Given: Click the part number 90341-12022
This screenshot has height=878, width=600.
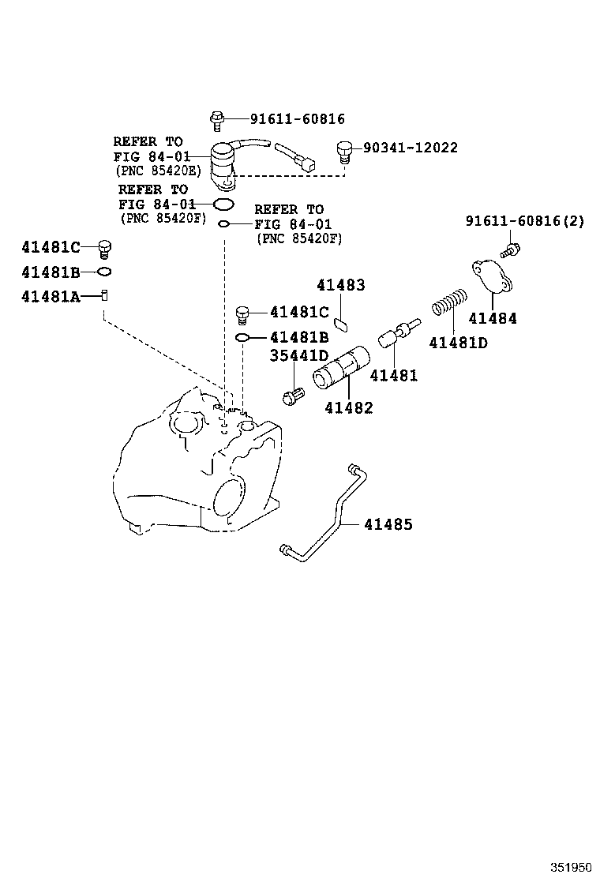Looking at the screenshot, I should [410, 148].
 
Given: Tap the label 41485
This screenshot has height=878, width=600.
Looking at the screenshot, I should [388, 524].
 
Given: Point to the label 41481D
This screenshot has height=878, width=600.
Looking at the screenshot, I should [458, 342].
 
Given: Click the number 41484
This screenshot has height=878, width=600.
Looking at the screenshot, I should [493, 318].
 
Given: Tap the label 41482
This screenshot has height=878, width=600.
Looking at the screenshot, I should [349, 407].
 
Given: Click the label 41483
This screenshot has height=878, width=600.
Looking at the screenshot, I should [341, 285].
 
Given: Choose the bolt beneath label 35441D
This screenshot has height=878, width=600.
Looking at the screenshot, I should [292, 393].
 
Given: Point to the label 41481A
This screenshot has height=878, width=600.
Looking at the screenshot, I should [51, 296].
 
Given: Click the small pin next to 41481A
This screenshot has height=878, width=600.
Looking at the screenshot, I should [104, 295].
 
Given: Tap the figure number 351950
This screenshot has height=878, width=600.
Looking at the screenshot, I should [571, 866].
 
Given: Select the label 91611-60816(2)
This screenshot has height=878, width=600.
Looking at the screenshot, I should [524, 222].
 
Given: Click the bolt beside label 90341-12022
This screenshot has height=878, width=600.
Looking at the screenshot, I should [343, 148].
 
